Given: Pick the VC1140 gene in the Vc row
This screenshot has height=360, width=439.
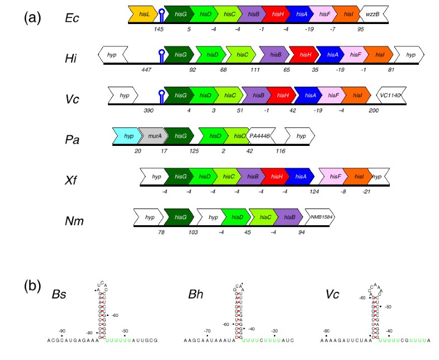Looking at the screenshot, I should [390, 96].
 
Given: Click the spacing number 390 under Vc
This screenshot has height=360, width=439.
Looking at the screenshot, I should [148, 111].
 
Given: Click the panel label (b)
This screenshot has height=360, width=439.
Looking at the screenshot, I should [32, 286].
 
